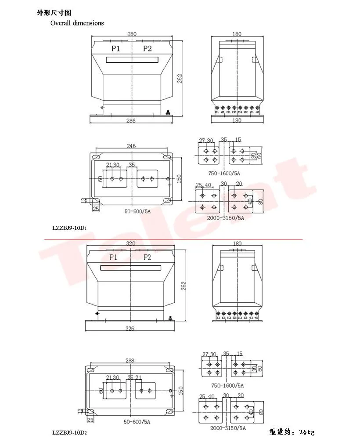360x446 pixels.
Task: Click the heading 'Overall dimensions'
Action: click(77, 23)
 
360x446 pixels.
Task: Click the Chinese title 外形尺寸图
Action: click(54, 13)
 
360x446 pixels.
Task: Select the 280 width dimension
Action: click(132, 34)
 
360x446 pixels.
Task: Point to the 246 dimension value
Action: click(131, 146)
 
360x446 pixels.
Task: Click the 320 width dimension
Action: click(131, 243)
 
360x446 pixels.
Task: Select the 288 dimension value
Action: click(130, 360)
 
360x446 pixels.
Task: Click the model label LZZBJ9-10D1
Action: click(69, 228)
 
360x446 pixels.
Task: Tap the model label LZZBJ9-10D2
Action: click(69, 432)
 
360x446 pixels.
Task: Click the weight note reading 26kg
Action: click(292, 432)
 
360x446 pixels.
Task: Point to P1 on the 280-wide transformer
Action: click(116, 48)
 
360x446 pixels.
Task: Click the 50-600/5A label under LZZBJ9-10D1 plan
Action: click(137, 211)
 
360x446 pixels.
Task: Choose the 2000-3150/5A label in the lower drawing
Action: click(227, 428)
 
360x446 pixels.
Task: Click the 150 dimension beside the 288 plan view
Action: click(180, 390)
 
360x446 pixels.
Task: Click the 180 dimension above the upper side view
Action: click(237, 34)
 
